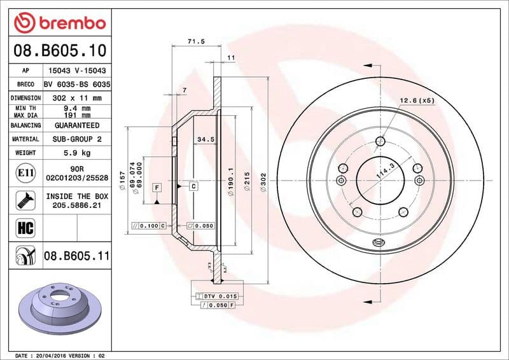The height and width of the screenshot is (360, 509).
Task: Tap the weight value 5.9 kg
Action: (x=76, y=153)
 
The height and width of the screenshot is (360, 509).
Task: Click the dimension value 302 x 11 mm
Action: (x=76, y=98)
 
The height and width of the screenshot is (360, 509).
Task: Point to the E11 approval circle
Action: (x=22, y=172)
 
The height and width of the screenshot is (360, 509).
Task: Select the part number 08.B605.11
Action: (x=76, y=256)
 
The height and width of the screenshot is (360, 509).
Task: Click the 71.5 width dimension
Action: (x=196, y=41)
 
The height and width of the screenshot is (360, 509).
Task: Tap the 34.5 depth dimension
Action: (x=205, y=139)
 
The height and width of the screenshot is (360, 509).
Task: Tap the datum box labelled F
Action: (x=155, y=188)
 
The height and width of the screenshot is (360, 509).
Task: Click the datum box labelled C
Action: (x=193, y=186)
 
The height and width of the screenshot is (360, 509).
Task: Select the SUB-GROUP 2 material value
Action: (x=76, y=139)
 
